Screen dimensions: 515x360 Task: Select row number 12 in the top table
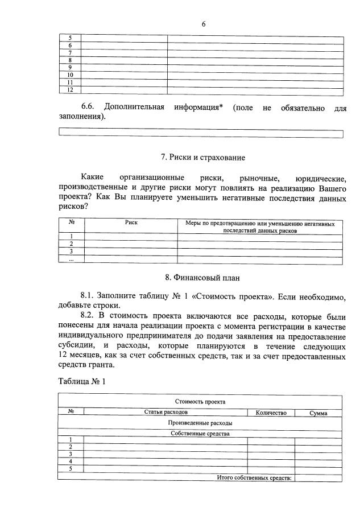[70, 90]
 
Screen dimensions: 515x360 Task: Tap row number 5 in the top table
[70, 38]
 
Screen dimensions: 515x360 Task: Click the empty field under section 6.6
[201, 134]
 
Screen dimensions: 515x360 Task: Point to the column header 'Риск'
[131, 223]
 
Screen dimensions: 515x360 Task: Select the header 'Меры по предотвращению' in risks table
[259, 227]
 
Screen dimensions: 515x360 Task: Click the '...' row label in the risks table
[72, 259]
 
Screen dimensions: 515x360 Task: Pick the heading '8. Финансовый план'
[202, 278]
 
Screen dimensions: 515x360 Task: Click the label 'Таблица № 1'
[82, 381]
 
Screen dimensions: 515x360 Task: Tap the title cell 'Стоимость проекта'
[200, 401]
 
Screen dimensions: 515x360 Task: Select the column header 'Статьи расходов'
[165, 413]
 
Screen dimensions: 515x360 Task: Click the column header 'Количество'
[271, 413]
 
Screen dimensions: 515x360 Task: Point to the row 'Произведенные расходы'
[200, 423]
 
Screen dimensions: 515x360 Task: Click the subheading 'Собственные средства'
[200, 433]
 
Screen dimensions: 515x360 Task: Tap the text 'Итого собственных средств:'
[254, 478]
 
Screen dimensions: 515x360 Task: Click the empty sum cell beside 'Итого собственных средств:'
[318, 478]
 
